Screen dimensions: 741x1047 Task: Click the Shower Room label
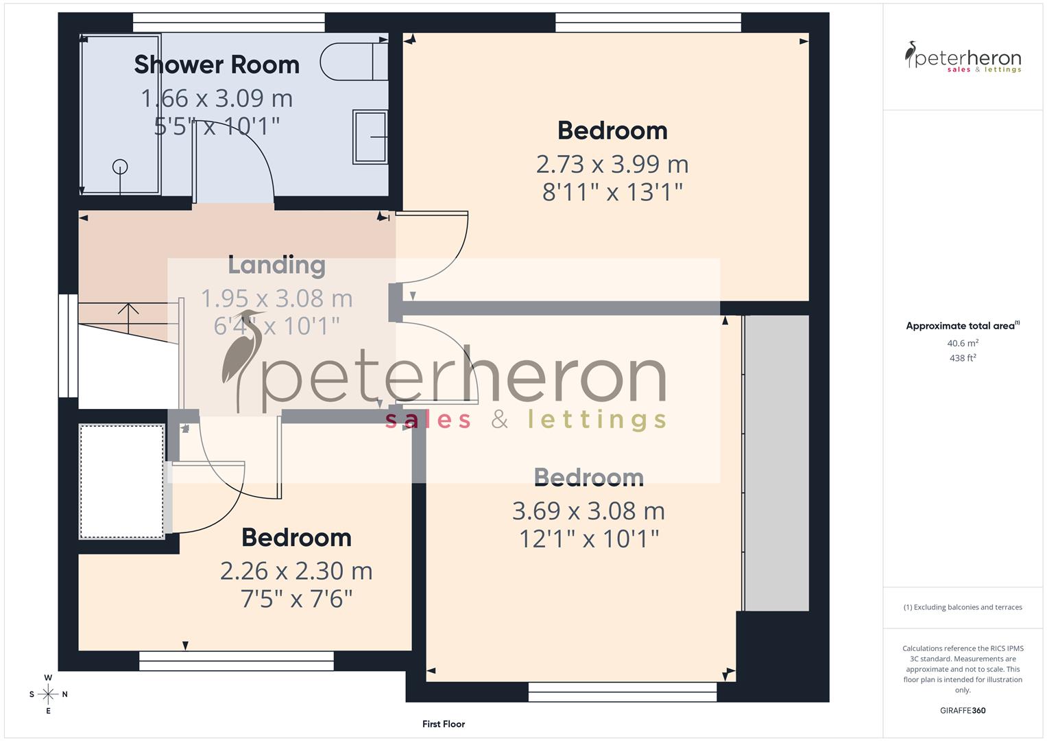217,64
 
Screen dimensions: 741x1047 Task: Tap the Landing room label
276,265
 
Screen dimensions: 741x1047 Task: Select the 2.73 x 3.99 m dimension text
612,165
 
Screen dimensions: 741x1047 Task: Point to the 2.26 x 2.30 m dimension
296,571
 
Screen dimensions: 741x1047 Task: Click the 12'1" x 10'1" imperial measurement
588,539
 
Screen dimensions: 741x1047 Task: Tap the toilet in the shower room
353,62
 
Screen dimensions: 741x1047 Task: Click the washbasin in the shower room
370,137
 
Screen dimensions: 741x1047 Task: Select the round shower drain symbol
120,166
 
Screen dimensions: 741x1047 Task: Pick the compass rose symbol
48,694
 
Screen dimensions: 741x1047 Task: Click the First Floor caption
444,724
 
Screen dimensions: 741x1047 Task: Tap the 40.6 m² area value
963,343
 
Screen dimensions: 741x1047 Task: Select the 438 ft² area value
963,358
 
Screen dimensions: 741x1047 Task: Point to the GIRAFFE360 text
963,710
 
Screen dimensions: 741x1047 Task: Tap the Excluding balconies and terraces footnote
963,607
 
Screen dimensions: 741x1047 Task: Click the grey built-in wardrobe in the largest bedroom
776,463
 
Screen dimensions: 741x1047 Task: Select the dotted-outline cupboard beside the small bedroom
122,482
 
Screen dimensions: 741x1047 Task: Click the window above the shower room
229,23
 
